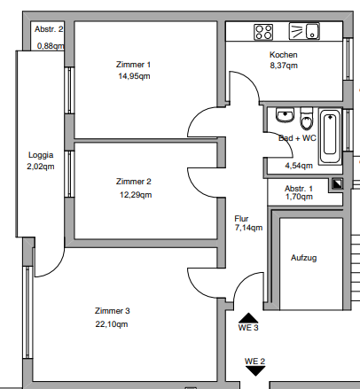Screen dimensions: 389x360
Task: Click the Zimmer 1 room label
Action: [134, 64]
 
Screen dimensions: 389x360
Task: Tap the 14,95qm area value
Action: [134, 76]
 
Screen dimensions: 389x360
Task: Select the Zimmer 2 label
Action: [134, 182]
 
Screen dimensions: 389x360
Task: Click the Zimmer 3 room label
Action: [113, 310]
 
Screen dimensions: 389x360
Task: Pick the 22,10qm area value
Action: [113, 323]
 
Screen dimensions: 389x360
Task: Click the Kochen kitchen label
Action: [284, 55]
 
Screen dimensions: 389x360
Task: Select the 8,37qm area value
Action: [284, 66]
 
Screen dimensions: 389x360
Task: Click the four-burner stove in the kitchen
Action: [263, 32]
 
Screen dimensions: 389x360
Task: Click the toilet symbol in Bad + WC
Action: [306, 118]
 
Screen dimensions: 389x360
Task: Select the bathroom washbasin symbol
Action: [285, 116]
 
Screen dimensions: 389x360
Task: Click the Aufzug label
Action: [303, 258]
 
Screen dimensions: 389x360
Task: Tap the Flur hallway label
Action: [241, 218]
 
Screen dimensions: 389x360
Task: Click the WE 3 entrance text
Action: [248, 329]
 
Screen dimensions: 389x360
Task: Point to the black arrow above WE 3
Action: [248, 316]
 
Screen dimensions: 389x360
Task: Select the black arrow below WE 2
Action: [255, 371]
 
